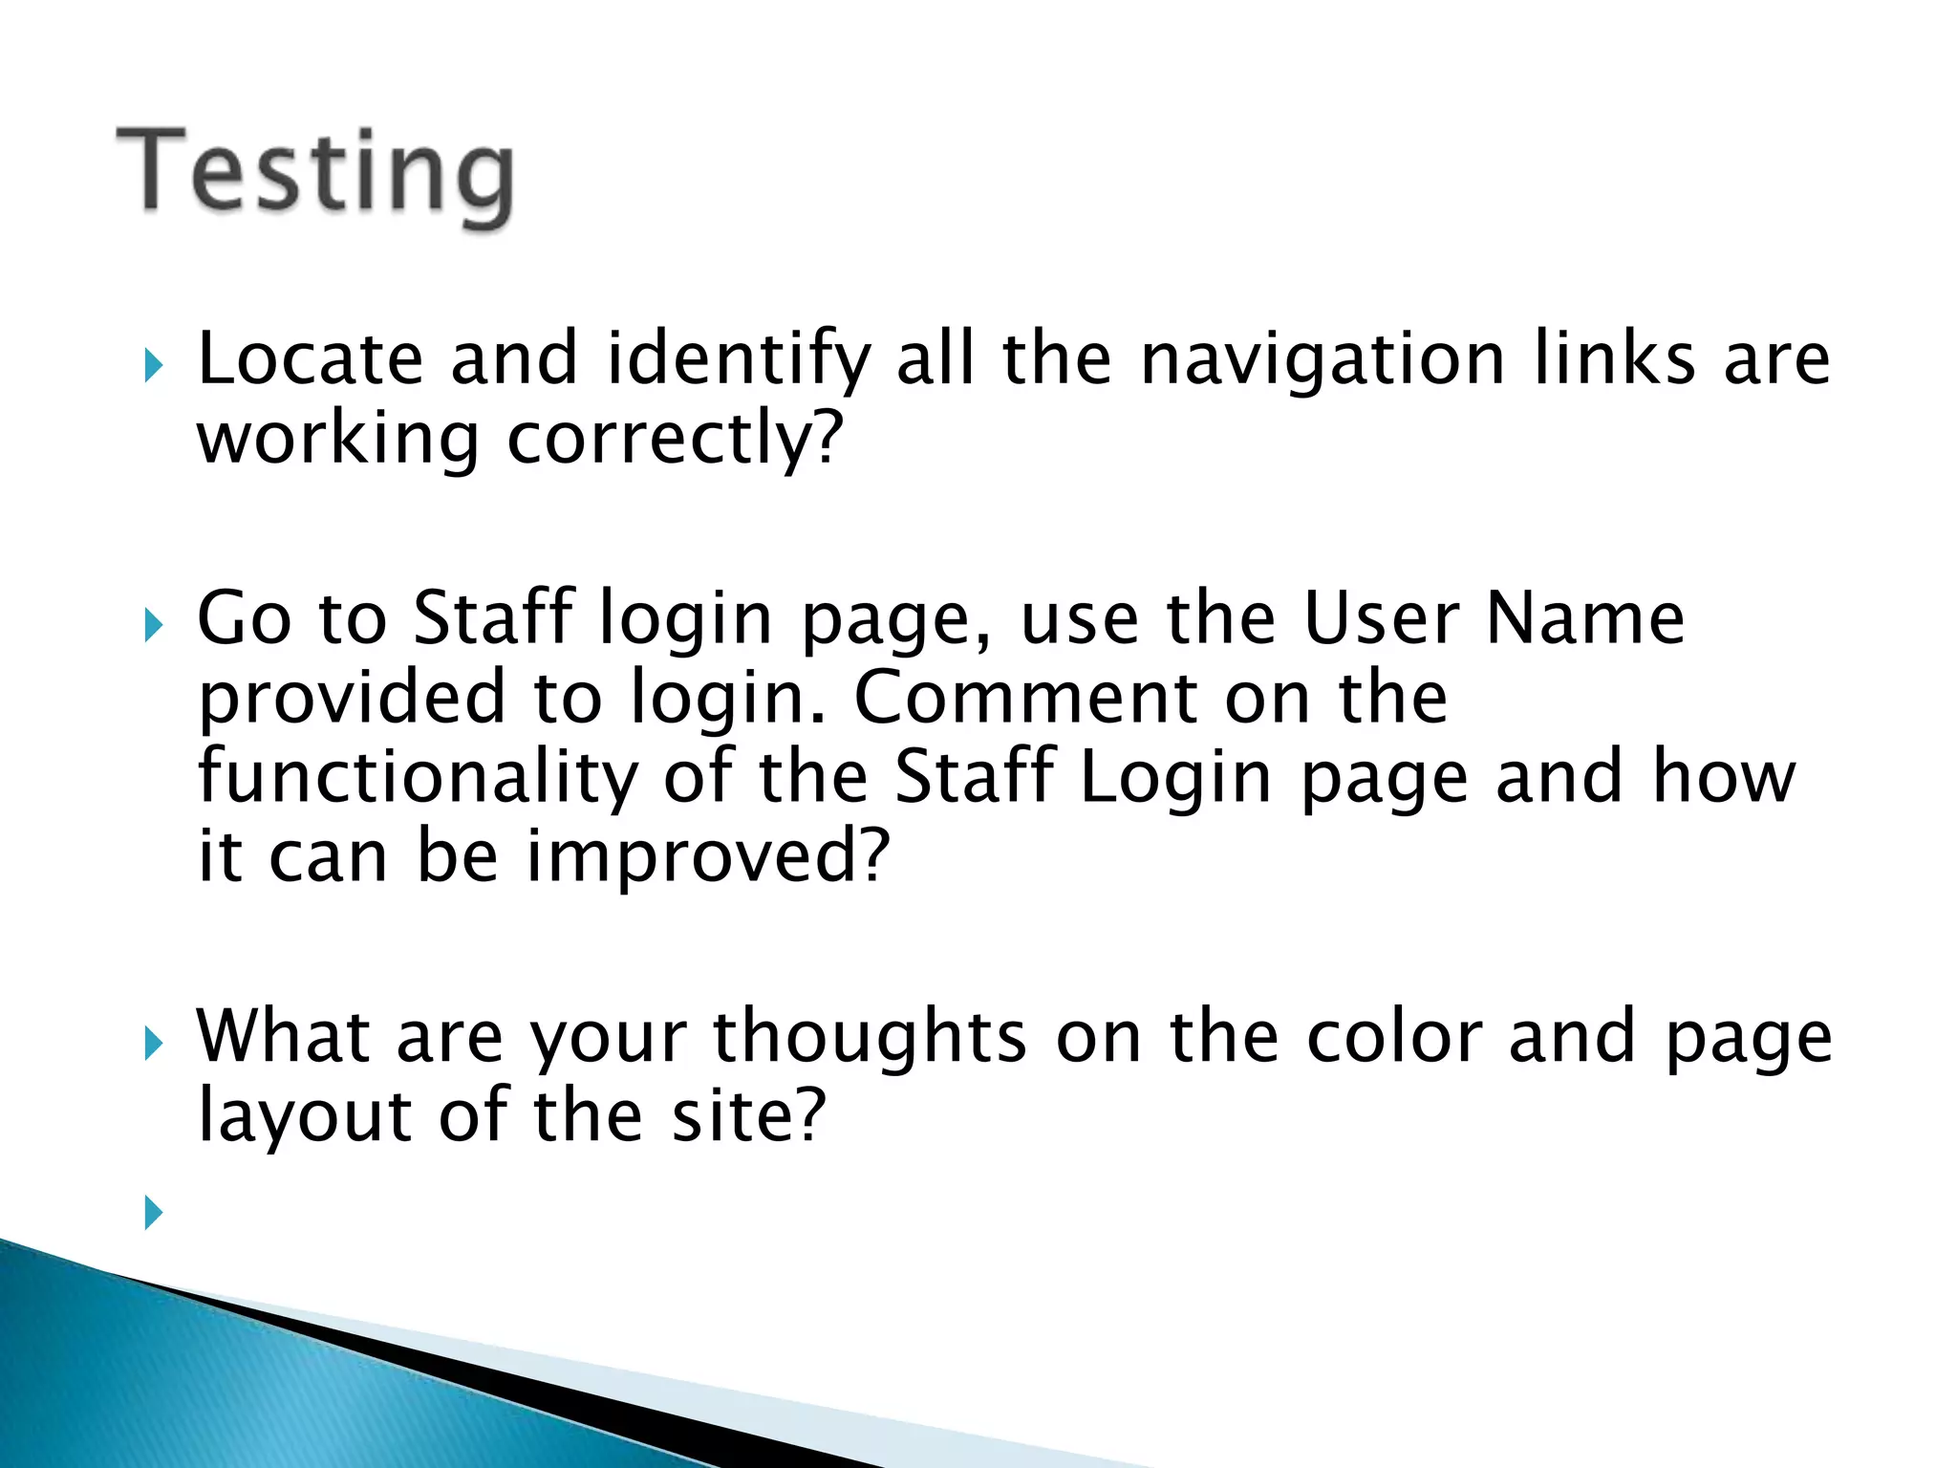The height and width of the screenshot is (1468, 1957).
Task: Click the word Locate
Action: [310, 359]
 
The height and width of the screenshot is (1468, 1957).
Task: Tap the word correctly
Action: [674, 440]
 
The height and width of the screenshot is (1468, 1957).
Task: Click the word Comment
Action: [1024, 697]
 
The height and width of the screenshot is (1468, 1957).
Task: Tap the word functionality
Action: [418, 777]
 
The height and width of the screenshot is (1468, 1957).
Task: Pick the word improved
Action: [707, 856]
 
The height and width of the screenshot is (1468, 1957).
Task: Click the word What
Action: [283, 1037]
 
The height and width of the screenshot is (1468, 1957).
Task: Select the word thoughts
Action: [870, 1039]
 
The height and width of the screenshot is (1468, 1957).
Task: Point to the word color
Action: [1394, 1037]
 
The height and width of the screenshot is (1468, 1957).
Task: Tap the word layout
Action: [305, 1117]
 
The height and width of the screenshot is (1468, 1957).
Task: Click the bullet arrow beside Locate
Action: [153, 365]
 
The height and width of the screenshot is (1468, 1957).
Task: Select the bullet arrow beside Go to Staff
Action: [153, 626]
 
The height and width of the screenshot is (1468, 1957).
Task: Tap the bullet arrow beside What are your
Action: [153, 1044]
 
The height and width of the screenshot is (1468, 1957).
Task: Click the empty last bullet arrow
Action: [153, 1213]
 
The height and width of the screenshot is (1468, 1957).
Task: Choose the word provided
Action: [352, 699]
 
